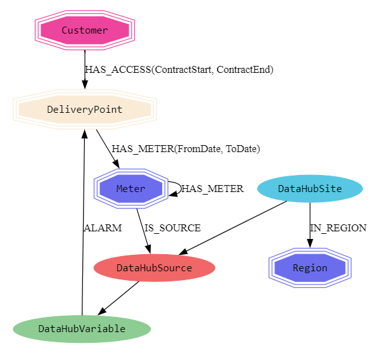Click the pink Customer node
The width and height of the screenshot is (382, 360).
[x=85, y=30]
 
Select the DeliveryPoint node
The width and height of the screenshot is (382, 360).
[x=85, y=109]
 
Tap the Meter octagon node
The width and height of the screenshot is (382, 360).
[x=131, y=188]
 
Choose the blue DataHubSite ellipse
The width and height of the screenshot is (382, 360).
[x=310, y=188]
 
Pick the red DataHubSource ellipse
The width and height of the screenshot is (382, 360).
[x=154, y=267]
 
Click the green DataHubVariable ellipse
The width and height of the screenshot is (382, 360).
[x=82, y=328]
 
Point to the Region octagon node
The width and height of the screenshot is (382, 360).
[x=310, y=267]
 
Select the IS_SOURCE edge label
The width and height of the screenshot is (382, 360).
[x=172, y=228]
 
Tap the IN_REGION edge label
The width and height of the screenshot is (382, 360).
[x=338, y=228]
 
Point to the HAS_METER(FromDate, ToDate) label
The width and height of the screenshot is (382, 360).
[x=186, y=149]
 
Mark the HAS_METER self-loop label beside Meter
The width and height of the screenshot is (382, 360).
[x=212, y=189]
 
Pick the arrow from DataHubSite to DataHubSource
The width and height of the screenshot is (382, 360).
[x=234, y=228]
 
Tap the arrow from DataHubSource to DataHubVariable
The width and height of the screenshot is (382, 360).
[x=119, y=297]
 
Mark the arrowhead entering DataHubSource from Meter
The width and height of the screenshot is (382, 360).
[x=148, y=248]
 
